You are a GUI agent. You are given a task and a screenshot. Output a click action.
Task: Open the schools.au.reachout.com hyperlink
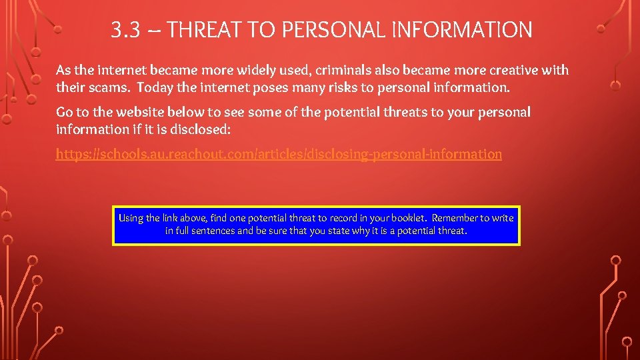point(279,154)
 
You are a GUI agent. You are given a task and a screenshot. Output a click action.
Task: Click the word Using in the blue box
point(131,218)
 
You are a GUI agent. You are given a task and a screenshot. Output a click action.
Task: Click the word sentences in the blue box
point(213,231)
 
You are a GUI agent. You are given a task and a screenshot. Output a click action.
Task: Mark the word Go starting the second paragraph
point(65,112)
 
